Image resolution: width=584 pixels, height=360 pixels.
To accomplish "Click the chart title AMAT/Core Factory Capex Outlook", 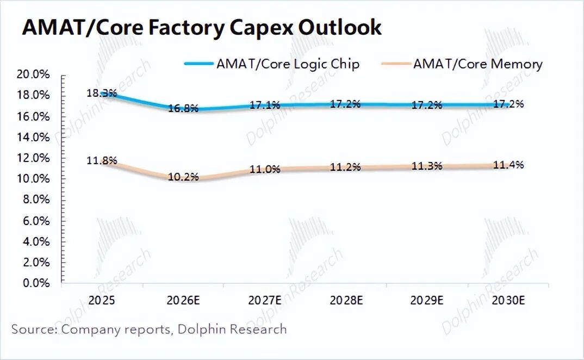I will click(202, 27).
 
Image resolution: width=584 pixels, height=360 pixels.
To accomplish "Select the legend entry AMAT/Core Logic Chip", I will click(288, 64).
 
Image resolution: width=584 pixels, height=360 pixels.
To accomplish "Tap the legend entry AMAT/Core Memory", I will click(477, 64).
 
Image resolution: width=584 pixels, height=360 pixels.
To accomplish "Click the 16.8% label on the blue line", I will click(183, 108).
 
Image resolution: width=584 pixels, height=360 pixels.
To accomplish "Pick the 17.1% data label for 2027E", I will click(265, 105).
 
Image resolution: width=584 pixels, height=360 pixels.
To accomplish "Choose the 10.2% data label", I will click(183, 177).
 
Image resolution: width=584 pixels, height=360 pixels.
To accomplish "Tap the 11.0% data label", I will click(265, 169).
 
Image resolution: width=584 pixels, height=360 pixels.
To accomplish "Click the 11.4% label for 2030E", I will click(508, 164).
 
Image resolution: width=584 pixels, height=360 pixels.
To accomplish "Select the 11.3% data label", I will click(427, 166).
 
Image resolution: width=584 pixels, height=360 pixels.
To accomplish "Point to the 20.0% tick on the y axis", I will click(34, 75).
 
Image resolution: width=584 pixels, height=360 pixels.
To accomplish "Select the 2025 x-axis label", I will click(102, 300).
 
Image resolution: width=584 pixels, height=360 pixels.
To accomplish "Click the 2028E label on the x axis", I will click(345, 300).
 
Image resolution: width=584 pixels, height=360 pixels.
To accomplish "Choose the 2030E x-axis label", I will click(508, 300).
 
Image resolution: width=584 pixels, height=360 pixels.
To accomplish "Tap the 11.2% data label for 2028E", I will click(345, 167).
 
